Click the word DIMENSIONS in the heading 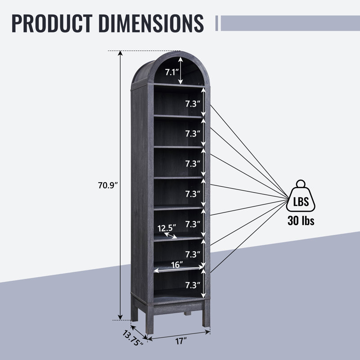(151, 23)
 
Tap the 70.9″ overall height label (108, 185)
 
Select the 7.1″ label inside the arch (172, 72)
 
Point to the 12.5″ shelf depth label (166, 228)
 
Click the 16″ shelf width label (177, 265)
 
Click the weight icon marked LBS (301, 196)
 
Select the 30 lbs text (301, 221)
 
